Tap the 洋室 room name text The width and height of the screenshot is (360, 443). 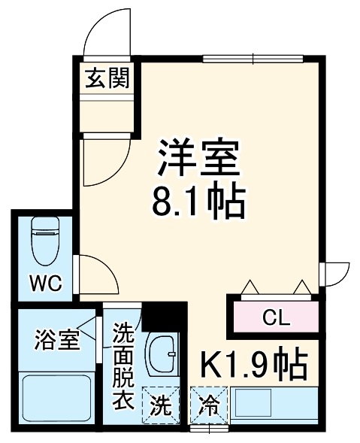pyautogui.click(x=198, y=156)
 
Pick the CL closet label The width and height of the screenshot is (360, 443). pyautogui.click(x=275, y=317)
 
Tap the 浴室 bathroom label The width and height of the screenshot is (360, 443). pyautogui.click(x=56, y=338)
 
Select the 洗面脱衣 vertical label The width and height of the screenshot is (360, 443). pyautogui.click(x=123, y=366)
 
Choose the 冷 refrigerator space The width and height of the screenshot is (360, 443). pyautogui.click(x=207, y=407)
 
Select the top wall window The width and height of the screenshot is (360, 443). pyautogui.click(x=253, y=58)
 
